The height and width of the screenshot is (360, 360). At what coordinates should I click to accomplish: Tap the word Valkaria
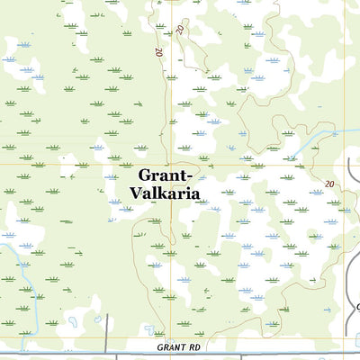[166, 193]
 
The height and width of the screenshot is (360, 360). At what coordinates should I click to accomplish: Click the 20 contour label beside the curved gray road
[329, 184]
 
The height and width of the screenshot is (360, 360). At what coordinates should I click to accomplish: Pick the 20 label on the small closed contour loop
[181, 30]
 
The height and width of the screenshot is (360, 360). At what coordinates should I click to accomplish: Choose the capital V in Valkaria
[136, 193]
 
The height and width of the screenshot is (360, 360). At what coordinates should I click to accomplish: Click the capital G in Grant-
[146, 175]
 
